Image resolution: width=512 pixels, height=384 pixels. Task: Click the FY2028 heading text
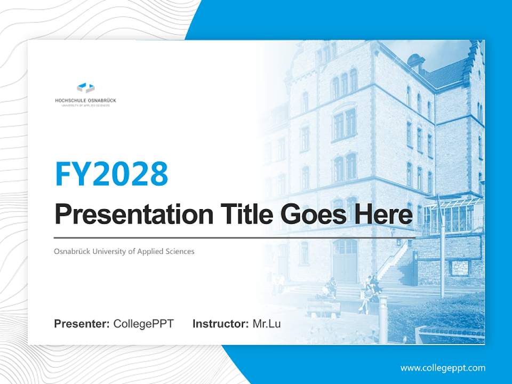111,174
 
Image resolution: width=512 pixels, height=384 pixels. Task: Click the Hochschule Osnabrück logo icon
86,87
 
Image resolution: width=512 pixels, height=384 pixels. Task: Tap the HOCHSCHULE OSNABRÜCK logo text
86,100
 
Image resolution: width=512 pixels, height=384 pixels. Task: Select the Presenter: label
82,324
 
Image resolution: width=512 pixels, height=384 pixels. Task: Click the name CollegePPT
143,324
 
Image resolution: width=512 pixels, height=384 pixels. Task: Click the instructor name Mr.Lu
267,324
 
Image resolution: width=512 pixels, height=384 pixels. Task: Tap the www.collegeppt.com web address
443,368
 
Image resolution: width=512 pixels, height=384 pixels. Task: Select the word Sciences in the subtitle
180,251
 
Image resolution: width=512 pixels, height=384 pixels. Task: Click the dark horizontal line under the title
235,237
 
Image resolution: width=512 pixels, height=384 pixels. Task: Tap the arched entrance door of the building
346,261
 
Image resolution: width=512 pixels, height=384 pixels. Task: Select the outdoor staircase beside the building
395,267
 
